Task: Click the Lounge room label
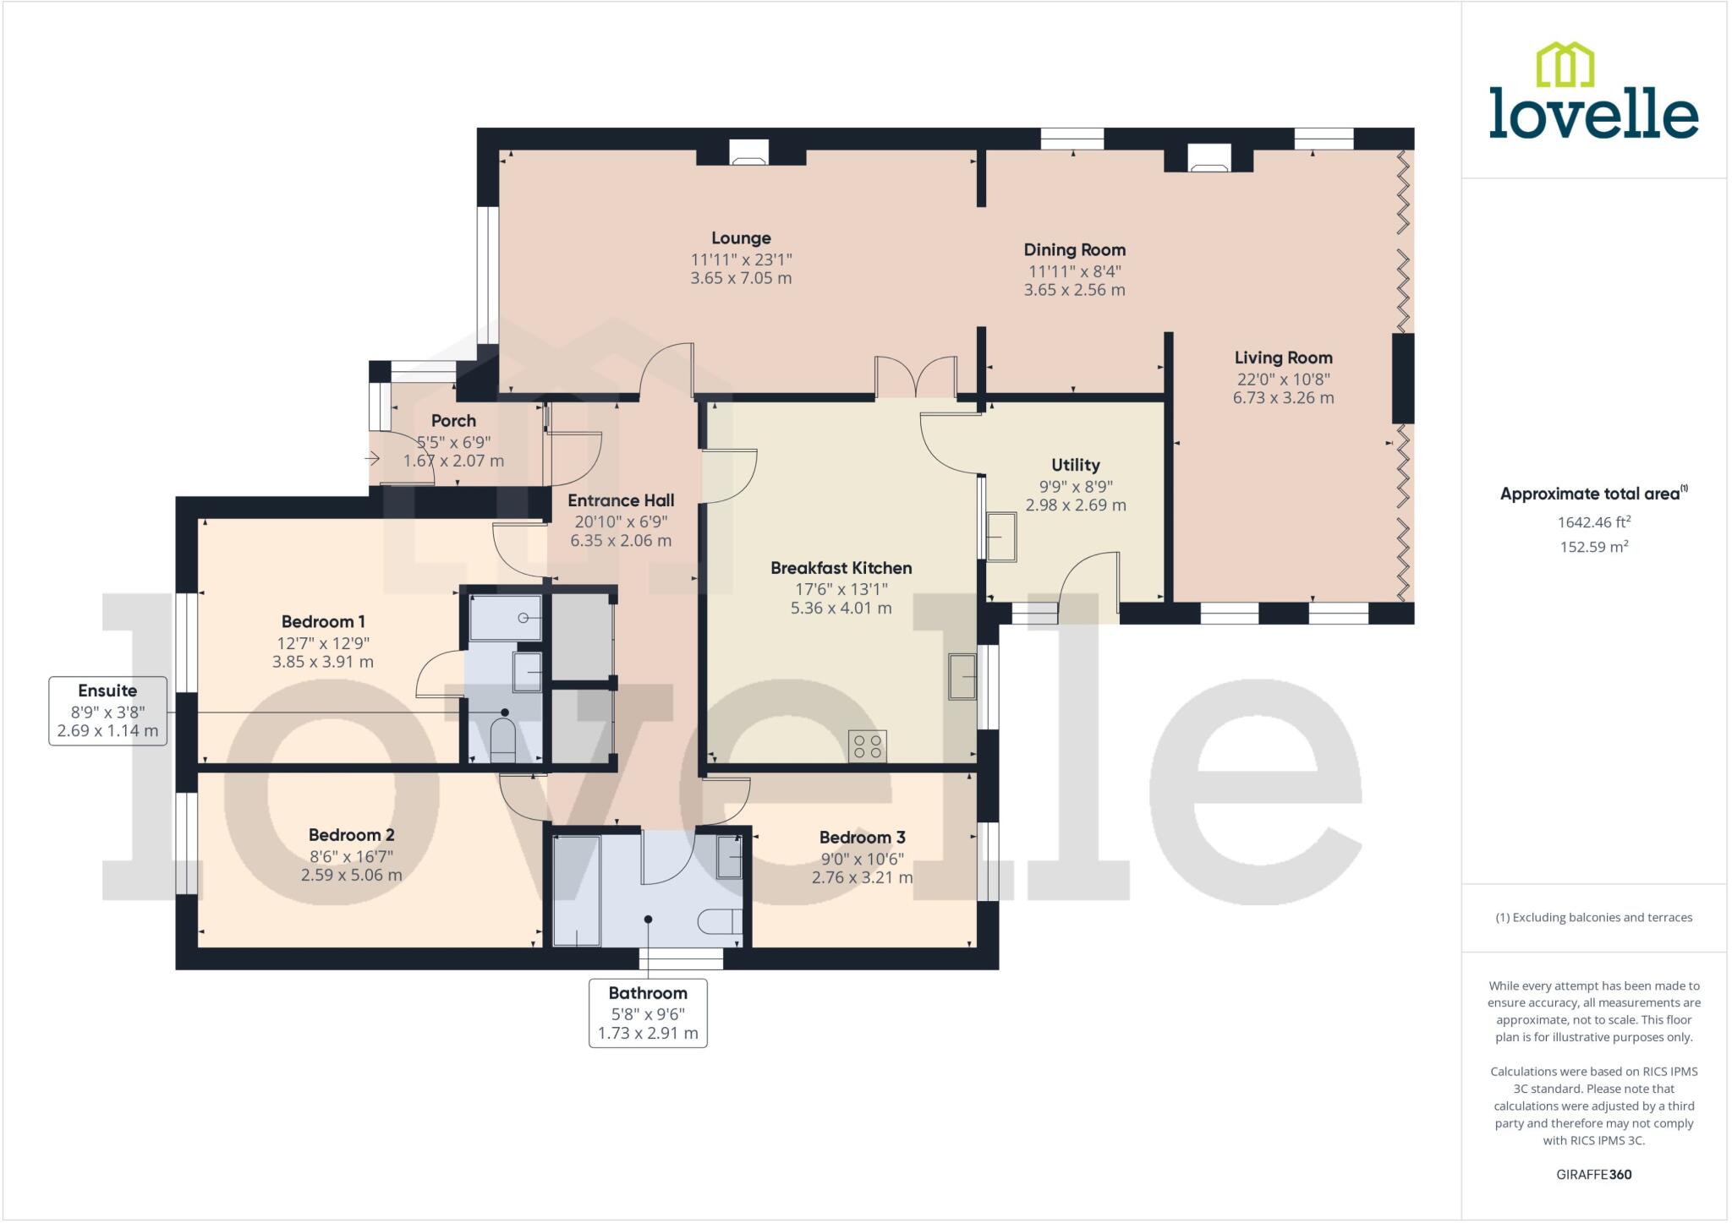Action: tap(741, 238)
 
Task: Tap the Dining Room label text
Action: tap(1074, 250)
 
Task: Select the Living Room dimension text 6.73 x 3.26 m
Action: tap(1283, 398)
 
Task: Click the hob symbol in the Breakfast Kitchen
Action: tap(868, 745)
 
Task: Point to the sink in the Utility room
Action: tap(1001, 536)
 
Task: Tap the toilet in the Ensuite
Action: tap(503, 739)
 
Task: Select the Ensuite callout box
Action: tap(107, 711)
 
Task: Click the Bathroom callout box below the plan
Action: tap(648, 1013)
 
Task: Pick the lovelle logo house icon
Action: tap(1565, 65)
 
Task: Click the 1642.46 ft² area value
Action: tap(1593, 522)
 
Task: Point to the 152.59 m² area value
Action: tap(1593, 547)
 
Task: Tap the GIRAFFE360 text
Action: tap(1593, 1174)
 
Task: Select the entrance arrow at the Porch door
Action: tap(372, 459)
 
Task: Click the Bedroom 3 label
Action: tap(862, 838)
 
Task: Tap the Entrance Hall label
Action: tap(621, 500)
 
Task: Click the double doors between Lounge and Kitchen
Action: tap(916, 377)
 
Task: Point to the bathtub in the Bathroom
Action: tap(577, 891)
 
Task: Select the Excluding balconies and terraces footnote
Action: tap(1593, 917)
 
